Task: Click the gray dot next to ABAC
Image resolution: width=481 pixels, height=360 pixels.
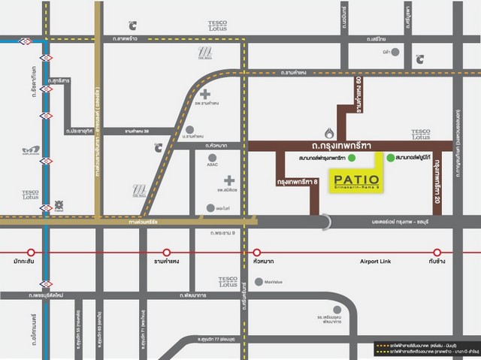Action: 212,158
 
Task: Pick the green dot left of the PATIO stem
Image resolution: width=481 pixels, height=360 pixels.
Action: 352,158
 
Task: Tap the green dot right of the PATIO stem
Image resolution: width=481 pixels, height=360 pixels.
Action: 389,158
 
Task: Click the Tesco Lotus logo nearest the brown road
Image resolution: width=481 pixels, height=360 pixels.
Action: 421,134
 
